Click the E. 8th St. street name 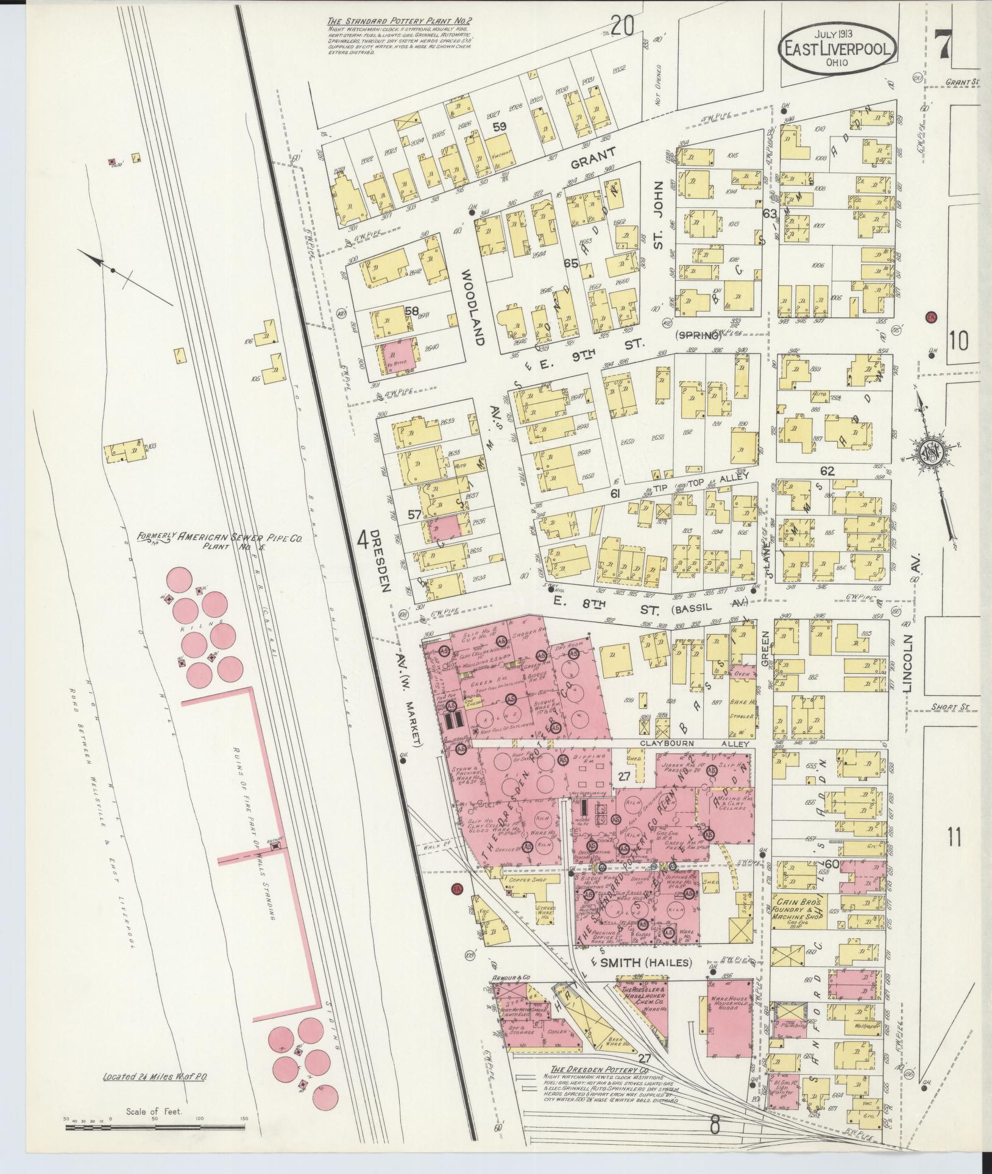[578, 604]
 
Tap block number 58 [412, 311]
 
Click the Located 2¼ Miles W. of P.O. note [155, 1077]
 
